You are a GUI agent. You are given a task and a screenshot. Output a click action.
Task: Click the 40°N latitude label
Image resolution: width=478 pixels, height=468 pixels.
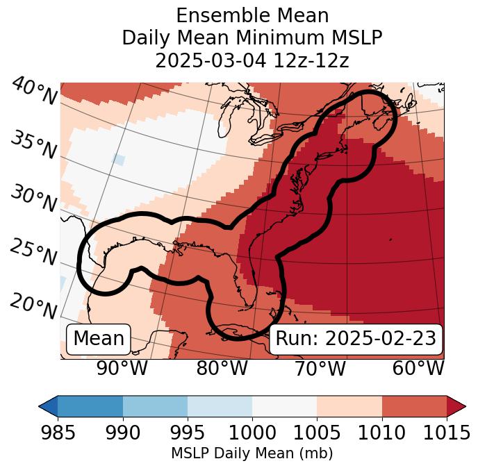pos(33,92)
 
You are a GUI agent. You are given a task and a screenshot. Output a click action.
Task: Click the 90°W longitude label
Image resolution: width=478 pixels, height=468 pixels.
pos(122,368)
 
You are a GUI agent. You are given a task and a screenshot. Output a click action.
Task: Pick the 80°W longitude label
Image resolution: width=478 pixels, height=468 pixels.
pos(222,368)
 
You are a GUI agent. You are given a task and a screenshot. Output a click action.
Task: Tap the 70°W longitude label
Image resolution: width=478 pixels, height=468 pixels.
pos(320,368)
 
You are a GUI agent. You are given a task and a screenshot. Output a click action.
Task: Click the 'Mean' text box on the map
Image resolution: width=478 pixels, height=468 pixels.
pos(99,339)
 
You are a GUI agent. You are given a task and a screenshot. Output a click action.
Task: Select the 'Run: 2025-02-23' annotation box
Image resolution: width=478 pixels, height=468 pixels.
pos(356,339)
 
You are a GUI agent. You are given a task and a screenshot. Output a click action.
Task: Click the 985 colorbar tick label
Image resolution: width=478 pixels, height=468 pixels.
pos(58,433)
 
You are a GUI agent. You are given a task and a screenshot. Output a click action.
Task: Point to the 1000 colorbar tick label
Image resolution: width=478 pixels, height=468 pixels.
pos(252,433)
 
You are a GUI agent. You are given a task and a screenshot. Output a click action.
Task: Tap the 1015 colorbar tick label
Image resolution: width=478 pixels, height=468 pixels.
pos(446,433)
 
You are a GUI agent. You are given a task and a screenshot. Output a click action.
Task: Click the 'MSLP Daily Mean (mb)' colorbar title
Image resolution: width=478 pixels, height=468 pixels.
pos(252,454)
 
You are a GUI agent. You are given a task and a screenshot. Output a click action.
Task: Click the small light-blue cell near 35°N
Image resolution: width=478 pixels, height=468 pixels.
pos(118,159)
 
